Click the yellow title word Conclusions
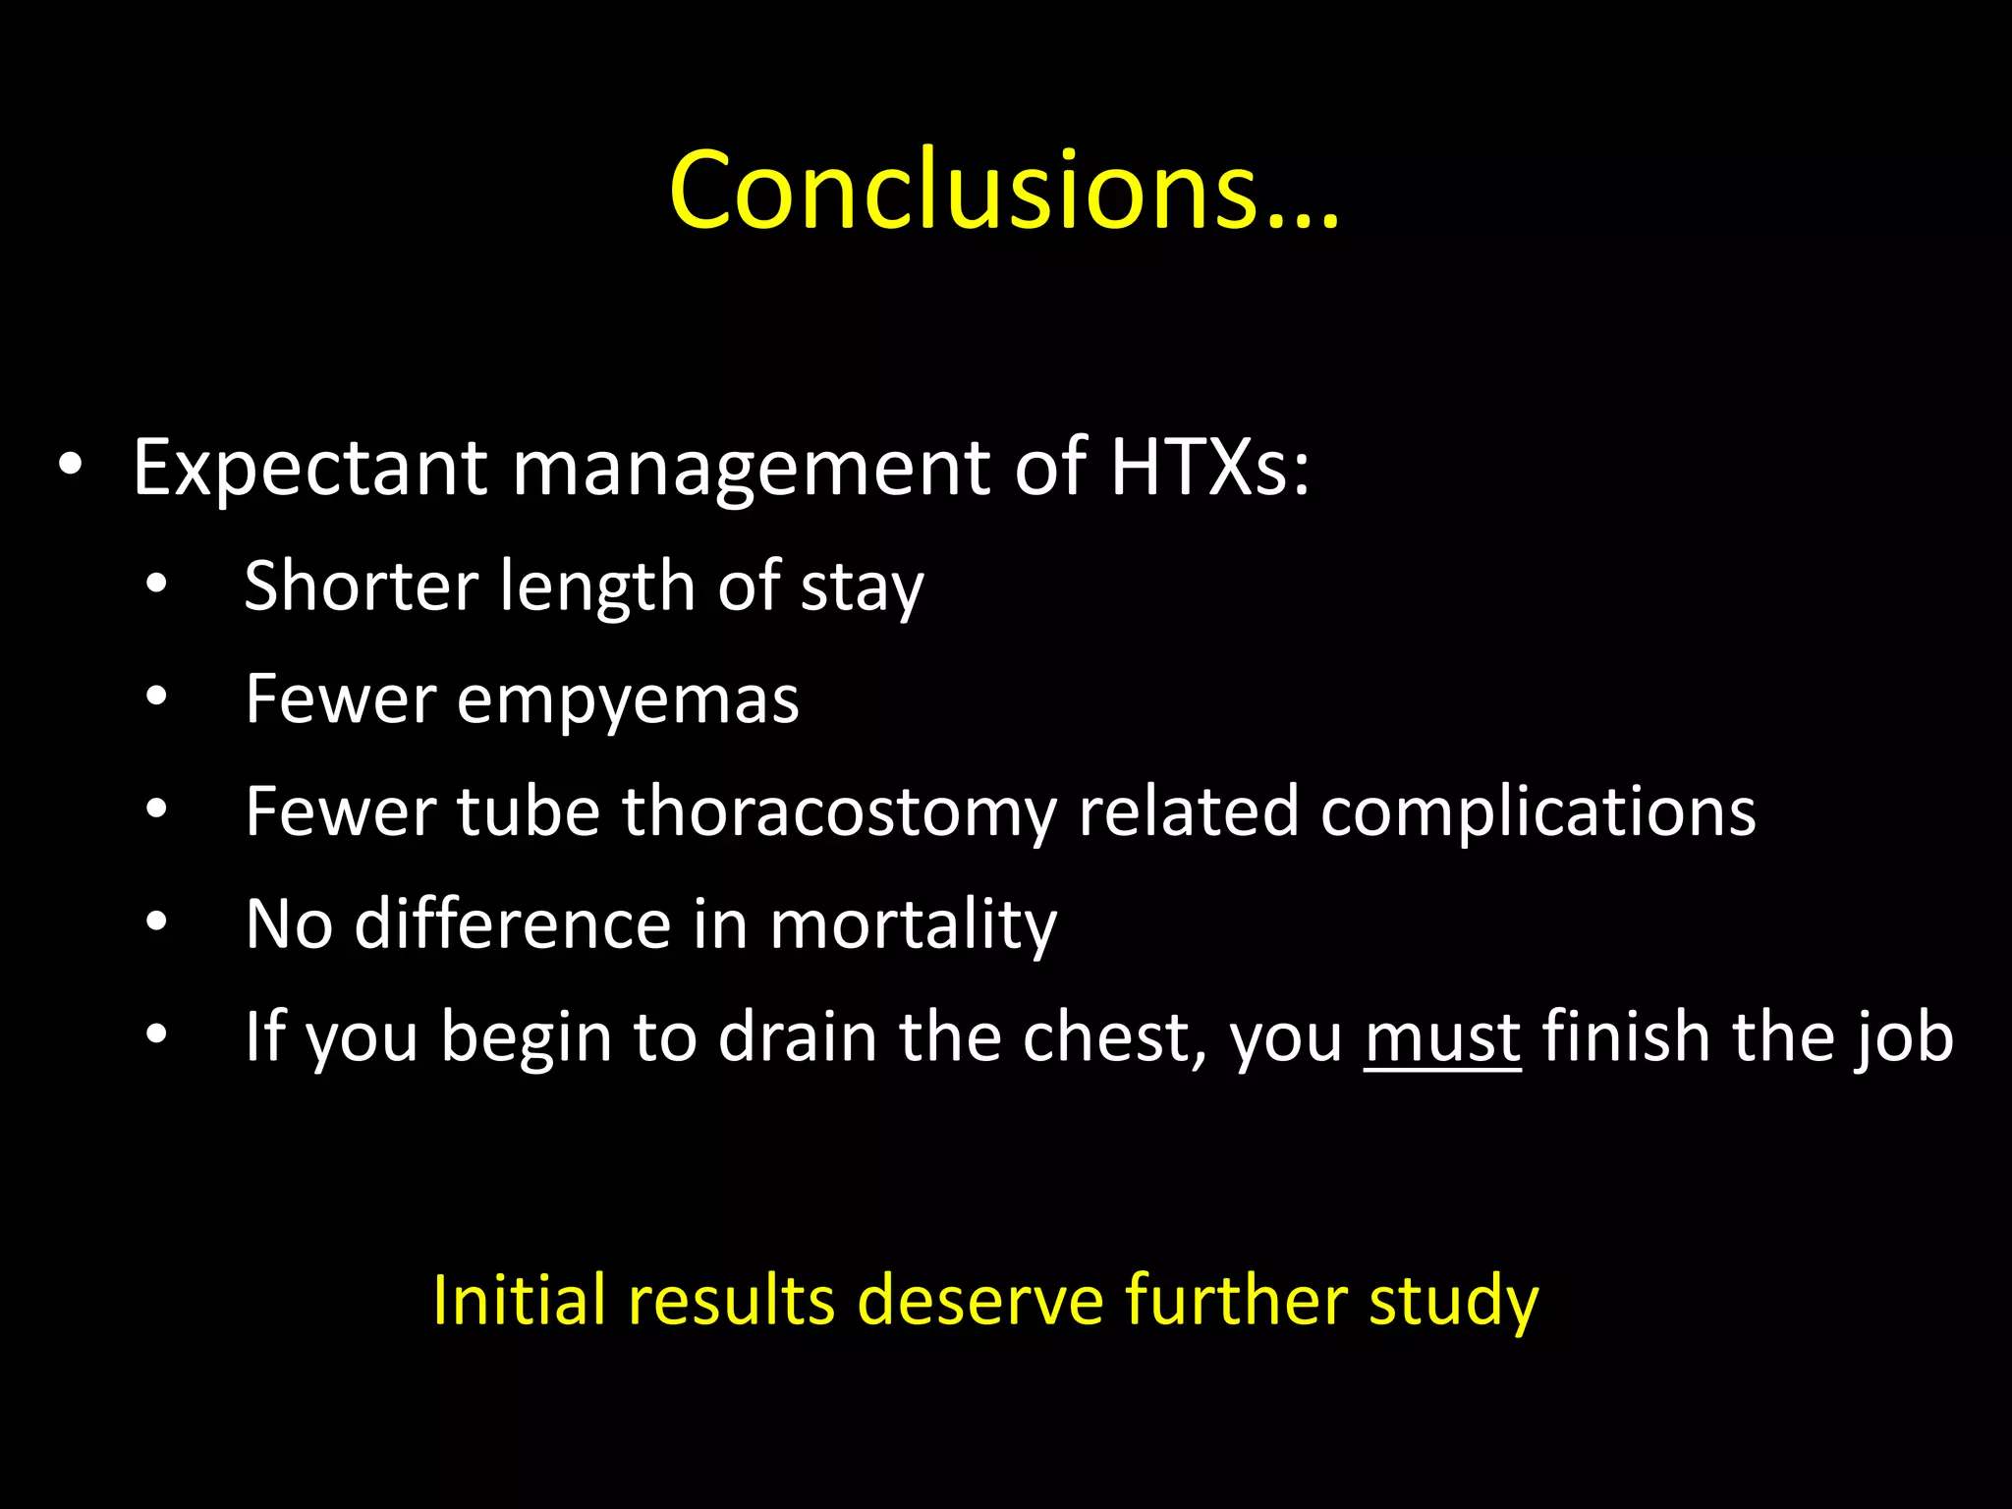1002,191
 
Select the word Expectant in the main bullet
309,469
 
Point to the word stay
862,589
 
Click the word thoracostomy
839,813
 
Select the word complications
1537,813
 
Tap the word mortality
913,925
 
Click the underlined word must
1442,1038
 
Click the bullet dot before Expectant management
70,466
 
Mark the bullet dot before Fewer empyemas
156,698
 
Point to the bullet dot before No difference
156,922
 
